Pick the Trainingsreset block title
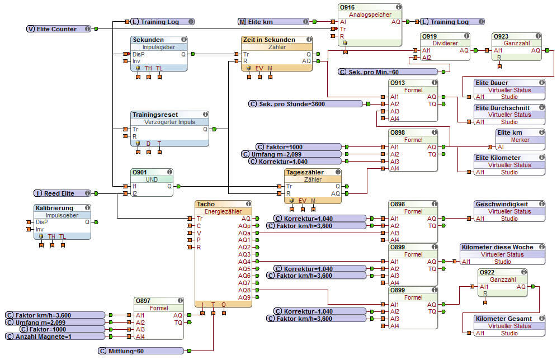155,115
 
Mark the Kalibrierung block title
54,207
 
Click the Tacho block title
206,204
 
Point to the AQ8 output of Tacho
244,290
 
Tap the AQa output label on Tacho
244,233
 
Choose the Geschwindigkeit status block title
502,204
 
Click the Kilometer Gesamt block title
503,319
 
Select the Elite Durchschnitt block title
503,107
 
